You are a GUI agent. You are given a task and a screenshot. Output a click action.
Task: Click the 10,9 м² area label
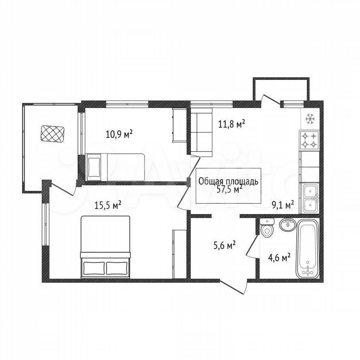pyautogui.click(x=119, y=134)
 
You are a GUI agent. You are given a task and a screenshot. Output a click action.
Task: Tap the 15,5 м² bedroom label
pyautogui.click(x=108, y=205)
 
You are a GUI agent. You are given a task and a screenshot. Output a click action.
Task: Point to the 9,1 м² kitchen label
pyautogui.click(x=283, y=205)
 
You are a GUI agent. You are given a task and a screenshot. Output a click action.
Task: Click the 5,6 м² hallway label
pyautogui.click(x=225, y=246)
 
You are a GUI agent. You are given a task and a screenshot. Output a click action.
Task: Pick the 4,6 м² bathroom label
pyautogui.click(x=279, y=258)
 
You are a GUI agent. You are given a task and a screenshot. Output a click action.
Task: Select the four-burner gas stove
pyautogui.click(x=309, y=141)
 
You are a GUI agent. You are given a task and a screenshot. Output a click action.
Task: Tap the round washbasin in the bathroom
pyautogui.click(x=287, y=225)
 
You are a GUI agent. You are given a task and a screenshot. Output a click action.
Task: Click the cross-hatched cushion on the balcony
pyautogui.click(x=52, y=133)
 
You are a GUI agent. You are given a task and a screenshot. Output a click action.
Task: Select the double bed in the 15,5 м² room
pyautogui.click(x=105, y=247)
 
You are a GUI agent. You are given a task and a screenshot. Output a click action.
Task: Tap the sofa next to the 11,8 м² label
pyautogui.click(x=201, y=132)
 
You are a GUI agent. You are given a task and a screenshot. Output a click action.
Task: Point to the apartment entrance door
pyautogui.click(x=234, y=287)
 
